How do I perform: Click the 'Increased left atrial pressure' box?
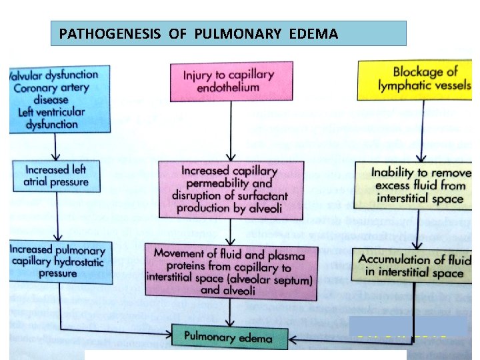[56, 175]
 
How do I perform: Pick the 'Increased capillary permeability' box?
[230, 189]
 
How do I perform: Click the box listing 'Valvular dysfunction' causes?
[55, 99]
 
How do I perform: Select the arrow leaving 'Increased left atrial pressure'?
[57, 217]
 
